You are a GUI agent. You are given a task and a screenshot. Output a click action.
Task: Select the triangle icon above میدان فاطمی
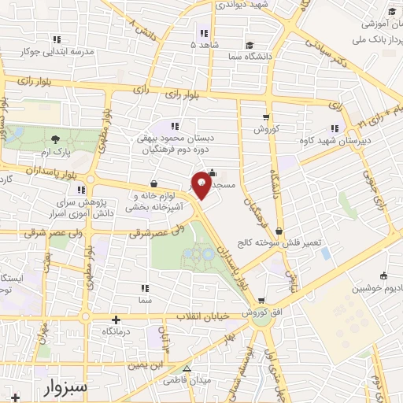point(187,368)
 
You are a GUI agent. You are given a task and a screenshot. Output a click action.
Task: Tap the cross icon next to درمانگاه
point(116,320)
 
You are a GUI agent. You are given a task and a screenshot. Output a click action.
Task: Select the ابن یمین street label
point(146,366)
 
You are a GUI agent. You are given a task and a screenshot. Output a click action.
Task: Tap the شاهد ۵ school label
point(204,45)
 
